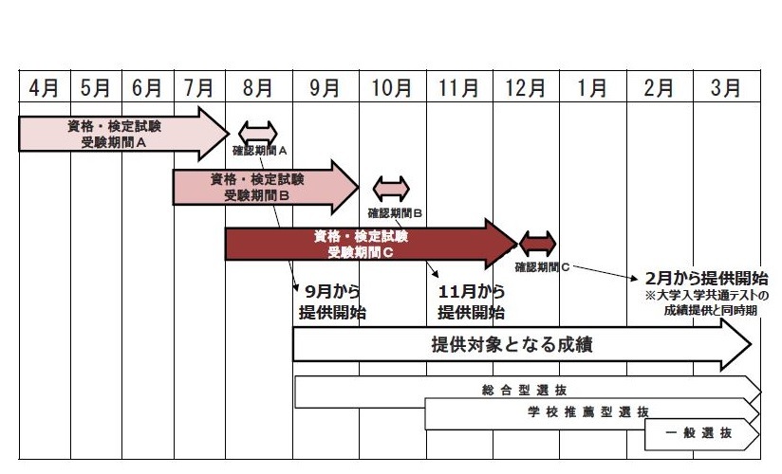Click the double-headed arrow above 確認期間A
tap(257, 131)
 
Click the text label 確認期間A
tap(260, 151)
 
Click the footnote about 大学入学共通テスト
tap(706, 302)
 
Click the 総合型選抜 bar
tap(527, 389)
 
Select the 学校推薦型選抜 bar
tap(588, 412)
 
